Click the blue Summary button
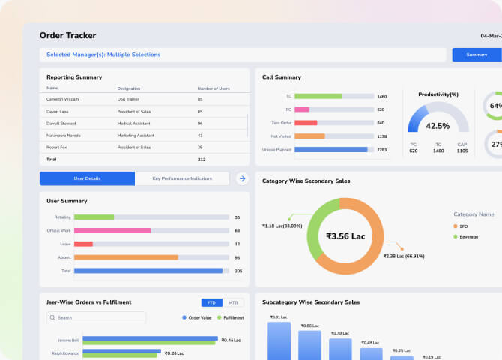click(477, 55)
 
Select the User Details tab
click(87, 178)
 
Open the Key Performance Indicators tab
click(181, 178)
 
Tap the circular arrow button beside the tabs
click(242, 178)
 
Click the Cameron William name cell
click(63, 99)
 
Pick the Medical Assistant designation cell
click(135, 123)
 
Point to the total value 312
click(202, 159)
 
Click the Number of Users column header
click(214, 88)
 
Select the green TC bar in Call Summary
click(318, 96)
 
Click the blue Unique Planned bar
click(331, 149)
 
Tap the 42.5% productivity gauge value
click(438, 126)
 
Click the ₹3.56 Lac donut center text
click(345, 235)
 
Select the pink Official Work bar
click(112, 230)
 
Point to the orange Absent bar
click(126, 257)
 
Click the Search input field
click(97, 317)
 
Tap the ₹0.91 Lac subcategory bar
click(279, 341)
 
